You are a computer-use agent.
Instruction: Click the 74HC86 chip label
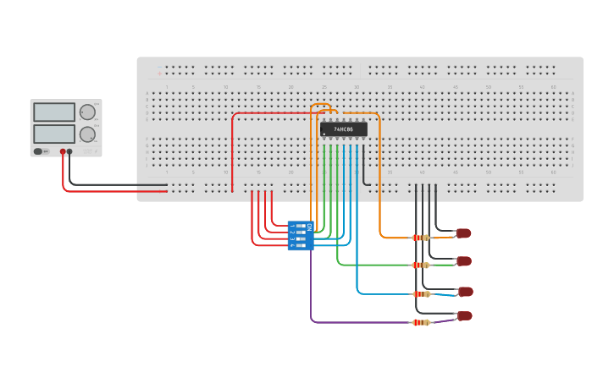[344, 129]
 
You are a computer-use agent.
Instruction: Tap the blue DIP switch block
[301, 236]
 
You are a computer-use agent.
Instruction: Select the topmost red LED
[463, 233]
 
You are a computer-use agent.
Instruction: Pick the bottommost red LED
[464, 316]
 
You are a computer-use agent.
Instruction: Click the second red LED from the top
[464, 261]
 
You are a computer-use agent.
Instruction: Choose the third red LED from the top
[465, 292]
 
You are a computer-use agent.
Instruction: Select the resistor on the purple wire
[421, 322]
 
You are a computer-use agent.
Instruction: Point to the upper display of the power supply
[54, 112]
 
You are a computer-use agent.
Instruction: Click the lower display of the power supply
[54, 134]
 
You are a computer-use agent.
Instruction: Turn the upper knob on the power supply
[87, 112]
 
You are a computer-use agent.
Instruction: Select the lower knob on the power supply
[87, 134]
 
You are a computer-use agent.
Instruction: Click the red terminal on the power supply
[62, 152]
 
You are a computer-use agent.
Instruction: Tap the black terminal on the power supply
[69, 152]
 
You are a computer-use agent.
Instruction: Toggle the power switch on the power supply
[39, 152]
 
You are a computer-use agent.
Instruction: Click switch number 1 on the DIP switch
[301, 227]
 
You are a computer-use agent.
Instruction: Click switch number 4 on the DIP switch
[301, 245]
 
